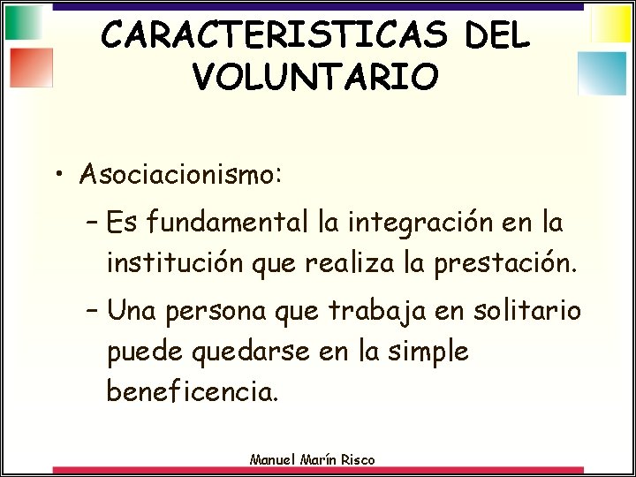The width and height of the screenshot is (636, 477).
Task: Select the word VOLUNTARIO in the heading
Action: click(314, 76)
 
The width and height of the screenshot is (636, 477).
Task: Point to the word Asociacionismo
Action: click(180, 173)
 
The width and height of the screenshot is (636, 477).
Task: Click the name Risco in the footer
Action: click(357, 458)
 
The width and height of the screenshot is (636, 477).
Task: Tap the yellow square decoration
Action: click(610, 24)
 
